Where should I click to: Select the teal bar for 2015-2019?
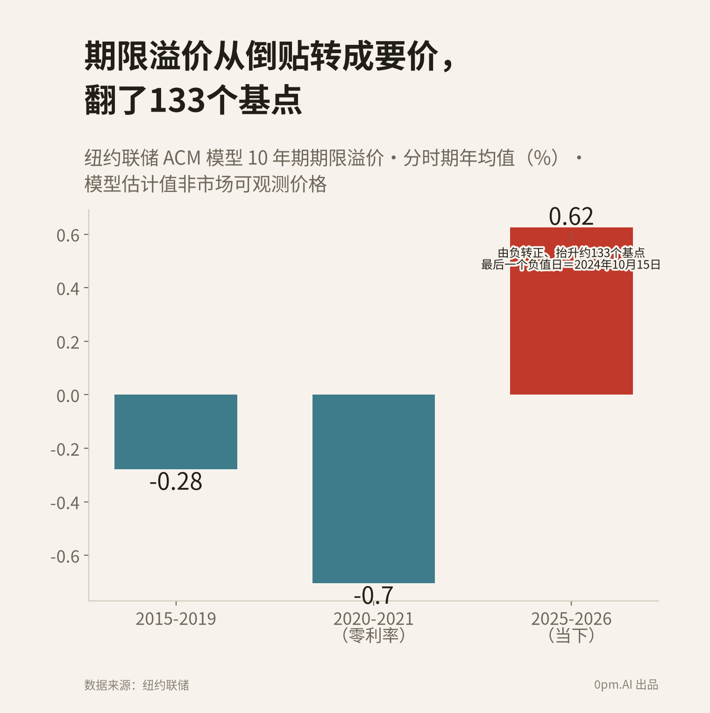[x=176, y=432]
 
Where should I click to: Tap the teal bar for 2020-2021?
[x=374, y=489]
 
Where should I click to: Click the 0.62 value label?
[x=571, y=217]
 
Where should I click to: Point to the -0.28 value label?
[x=176, y=482]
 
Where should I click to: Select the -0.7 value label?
[x=374, y=595]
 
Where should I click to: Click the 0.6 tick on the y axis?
[x=68, y=235]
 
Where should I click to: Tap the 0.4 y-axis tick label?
[x=68, y=289]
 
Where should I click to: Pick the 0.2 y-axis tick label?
[x=68, y=342]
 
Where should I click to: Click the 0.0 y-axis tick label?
[x=68, y=396]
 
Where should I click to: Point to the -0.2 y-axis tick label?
[x=65, y=449]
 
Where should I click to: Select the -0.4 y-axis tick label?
[x=65, y=503]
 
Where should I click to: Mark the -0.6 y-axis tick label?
[x=65, y=557]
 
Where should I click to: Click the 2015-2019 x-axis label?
[x=176, y=619]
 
